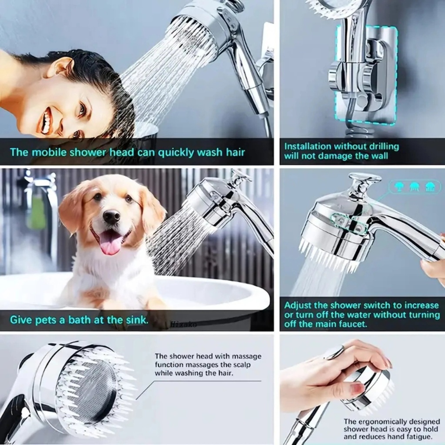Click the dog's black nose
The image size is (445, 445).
click(x=112, y=217)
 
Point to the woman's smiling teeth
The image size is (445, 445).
click(x=48, y=119)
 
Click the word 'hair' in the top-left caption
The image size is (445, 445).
click(x=235, y=153)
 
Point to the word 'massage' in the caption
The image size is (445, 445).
click(x=247, y=356)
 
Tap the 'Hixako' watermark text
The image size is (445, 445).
click(x=184, y=324)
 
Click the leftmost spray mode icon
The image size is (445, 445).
click(x=400, y=187)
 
